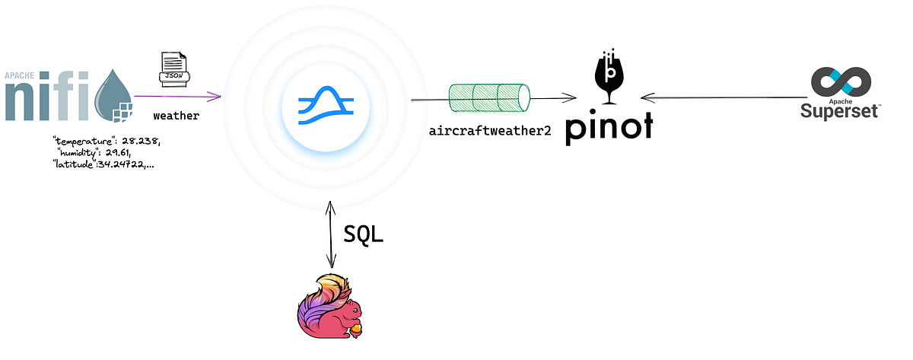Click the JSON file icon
click(173, 69)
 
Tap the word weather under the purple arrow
click(176, 116)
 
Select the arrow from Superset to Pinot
click(723, 97)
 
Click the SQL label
click(364, 234)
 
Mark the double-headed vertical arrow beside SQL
click(329, 232)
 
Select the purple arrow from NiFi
click(177, 97)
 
